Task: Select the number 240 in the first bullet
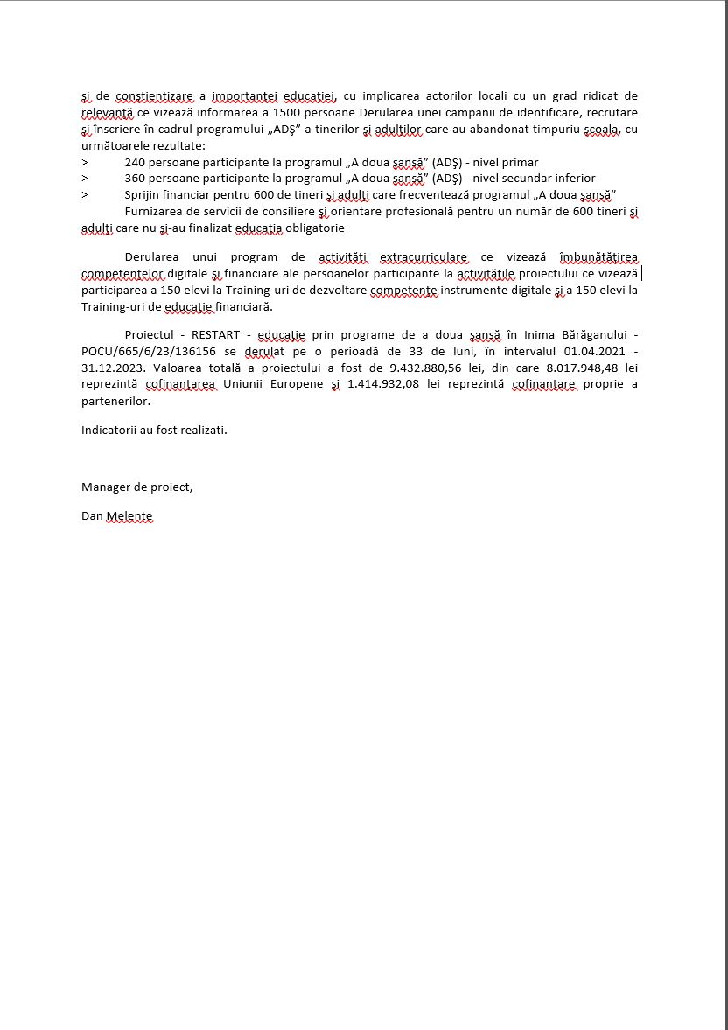tap(136, 162)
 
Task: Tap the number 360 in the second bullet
tap(136, 178)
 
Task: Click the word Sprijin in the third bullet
tap(144, 193)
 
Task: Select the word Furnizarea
tap(156, 212)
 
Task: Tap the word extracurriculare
tap(424, 257)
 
